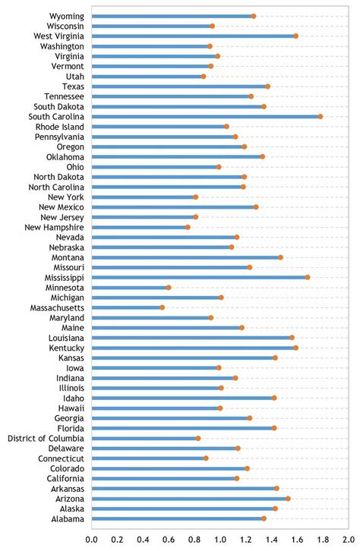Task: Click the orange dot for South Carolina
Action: point(321,116)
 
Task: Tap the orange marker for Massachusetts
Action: point(162,307)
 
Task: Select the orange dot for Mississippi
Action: point(308,277)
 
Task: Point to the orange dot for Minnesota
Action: point(169,288)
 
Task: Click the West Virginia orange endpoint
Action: point(295,36)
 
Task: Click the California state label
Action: point(63,478)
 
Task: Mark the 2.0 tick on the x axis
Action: point(349,540)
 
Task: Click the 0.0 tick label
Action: point(92,540)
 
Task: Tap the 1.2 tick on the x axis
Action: point(246,540)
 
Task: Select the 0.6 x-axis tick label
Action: point(169,540)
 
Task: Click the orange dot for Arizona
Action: point(288,499)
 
